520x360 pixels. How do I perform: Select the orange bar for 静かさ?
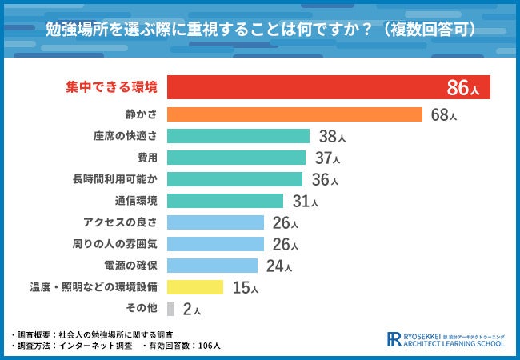point(295,114)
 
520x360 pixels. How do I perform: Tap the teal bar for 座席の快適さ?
point(238,136)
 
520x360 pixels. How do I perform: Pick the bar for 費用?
point(237,158)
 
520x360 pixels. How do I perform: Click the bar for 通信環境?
point(226,201)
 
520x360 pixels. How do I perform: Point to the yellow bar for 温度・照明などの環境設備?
point(195,286)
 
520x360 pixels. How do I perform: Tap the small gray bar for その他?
point(171,308)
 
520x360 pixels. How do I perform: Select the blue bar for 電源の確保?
point(213,265)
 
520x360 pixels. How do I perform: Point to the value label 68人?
point(443,115)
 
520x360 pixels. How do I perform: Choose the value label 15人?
point(243,287)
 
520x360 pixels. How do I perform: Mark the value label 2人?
point(191,309)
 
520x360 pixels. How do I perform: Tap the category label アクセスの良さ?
point(119,222)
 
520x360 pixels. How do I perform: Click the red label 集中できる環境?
point(111,87)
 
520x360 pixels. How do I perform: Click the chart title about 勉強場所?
point(260,29)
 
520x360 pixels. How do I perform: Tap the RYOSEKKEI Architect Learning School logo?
point(445,338)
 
